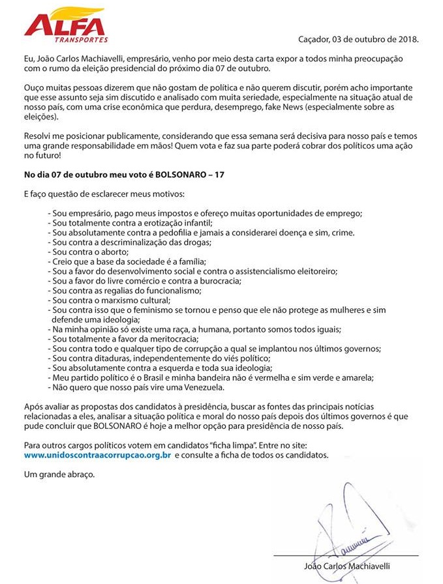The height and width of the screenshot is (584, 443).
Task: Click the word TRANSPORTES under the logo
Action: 82,39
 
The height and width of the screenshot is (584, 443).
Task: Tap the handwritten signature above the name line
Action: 349,521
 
